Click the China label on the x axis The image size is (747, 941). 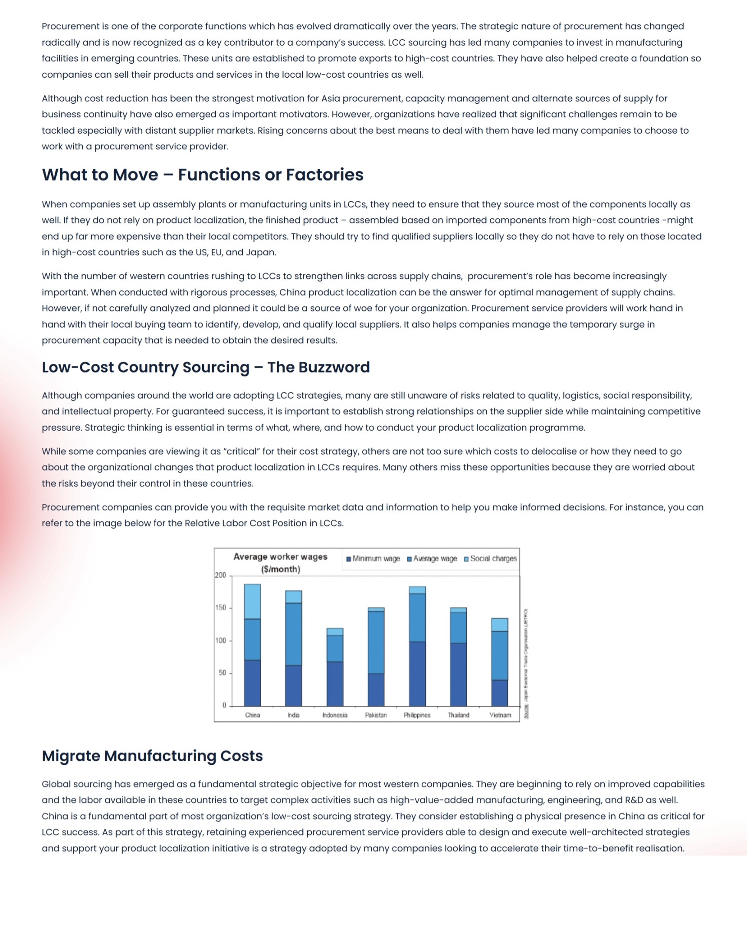point(252,715)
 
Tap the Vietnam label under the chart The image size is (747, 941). point(500,715)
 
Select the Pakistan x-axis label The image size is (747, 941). point(376,715)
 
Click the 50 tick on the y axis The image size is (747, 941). point(222,673)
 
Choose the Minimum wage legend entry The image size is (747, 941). point(373,559)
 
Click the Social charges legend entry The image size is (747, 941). point(491,559)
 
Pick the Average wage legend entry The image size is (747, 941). point(432,559)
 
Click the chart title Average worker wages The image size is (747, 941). point(280,557)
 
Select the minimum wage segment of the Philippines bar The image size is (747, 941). point(417,674)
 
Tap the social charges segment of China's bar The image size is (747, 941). point(252,602)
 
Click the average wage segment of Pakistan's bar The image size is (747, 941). point(376,642)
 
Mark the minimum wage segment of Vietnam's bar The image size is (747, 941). point(500,693)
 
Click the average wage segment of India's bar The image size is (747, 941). point(293,634)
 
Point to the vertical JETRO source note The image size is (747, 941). point(526,663)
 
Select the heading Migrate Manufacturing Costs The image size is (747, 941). point(152,756)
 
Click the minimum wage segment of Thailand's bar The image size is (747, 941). point(458,674)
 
